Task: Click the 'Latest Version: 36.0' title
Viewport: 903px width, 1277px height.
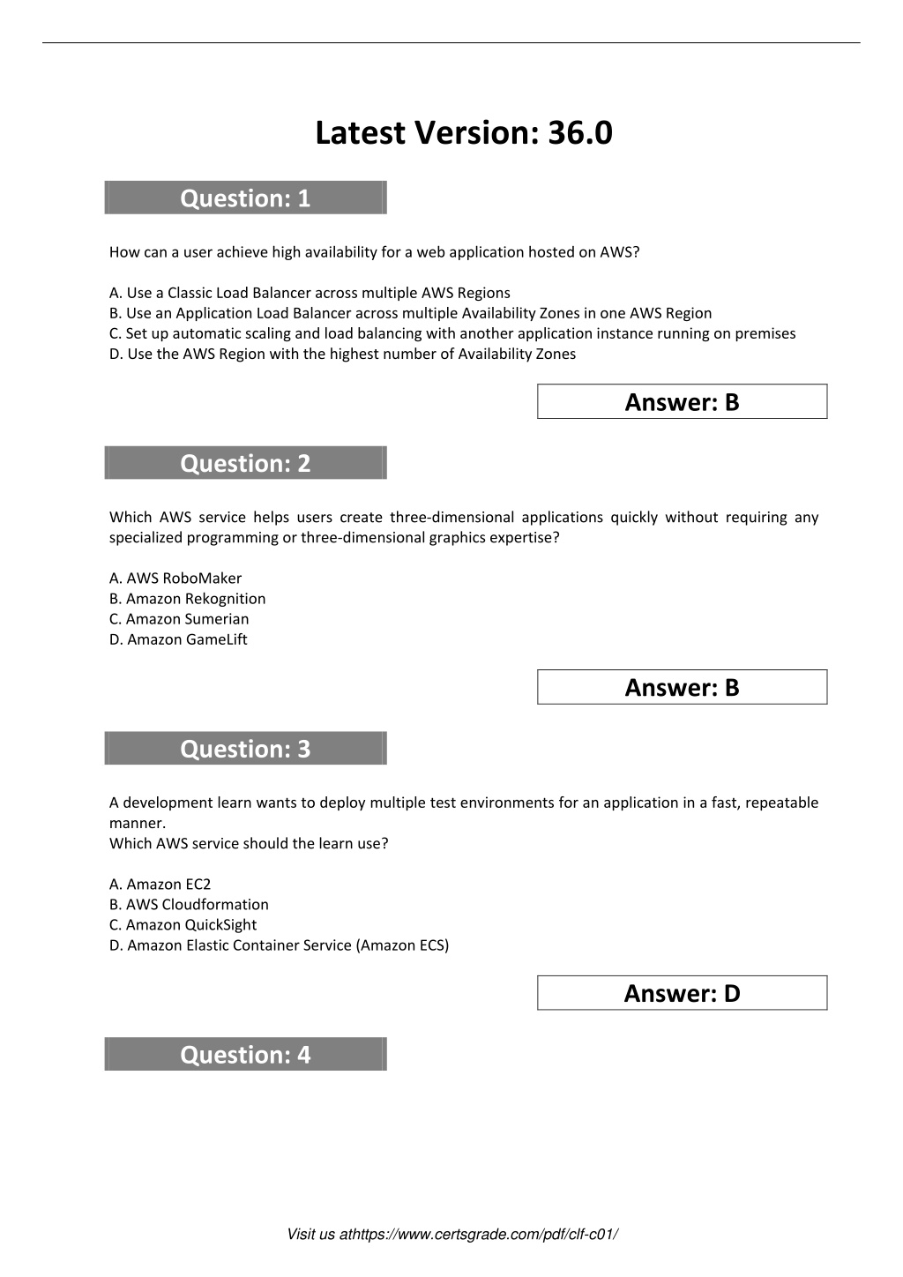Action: pyautogui.click(x=463, y=133)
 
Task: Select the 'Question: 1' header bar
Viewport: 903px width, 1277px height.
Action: pyautogui.click(x=245, y=198)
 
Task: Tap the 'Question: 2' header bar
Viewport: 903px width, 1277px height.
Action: pyautogui.click(x=245, y=463)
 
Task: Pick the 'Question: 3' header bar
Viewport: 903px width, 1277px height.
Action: pyautogui.click(x=245, y=749)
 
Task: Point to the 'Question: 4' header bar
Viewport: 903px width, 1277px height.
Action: pyautogui.click(x=245, y=1055)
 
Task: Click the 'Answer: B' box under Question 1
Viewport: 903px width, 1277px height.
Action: pyautogui.click(x=682, y=402)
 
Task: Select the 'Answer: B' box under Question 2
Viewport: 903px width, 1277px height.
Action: pyautogui.click(x=682, y=688)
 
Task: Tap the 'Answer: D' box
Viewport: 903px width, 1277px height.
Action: pyautogui.click(x=682, y=994)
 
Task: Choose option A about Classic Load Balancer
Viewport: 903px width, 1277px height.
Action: pyautogui.click(x=310, y=293)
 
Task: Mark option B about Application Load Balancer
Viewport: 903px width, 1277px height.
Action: pyautogui.click(x=410, y=313)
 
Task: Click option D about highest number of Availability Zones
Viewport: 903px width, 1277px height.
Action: pyautogui.click(x=342, y=354)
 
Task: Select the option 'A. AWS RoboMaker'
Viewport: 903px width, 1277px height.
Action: pyautogui.click(x=175, y=579)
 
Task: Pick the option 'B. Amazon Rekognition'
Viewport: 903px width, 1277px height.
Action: pyautogui.click(x=187, y=599)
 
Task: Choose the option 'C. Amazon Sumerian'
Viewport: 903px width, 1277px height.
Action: pyautogui.click(x=179, y=619)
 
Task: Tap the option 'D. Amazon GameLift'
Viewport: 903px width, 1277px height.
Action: pyautogui.click(x=178, y=639)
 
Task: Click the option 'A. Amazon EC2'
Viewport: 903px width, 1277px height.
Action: pyautogui.click(x=160, y=885)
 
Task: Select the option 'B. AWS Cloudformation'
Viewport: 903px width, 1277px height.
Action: pyautogui.click(x=189, y=905)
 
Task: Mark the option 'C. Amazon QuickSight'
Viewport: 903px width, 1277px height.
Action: pyautogui.click(x=183, y=925)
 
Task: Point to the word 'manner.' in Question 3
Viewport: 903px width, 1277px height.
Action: pyautogui.click(x=137, y=823)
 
